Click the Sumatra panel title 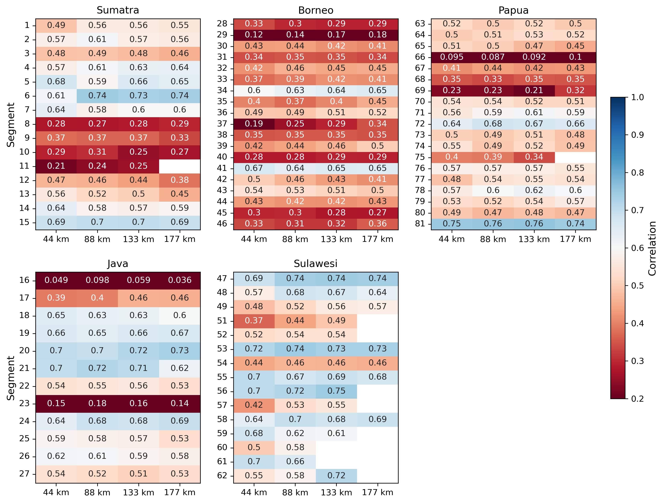pos(118,10)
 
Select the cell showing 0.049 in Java pos(56,280)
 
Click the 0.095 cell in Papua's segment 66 pos(451,57)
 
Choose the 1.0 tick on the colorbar pos(637,97)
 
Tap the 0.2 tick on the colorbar pos(637,399)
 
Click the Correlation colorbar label pos(652,248)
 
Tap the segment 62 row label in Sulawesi pos(222,476)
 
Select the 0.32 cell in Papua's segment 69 pos(575,90)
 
